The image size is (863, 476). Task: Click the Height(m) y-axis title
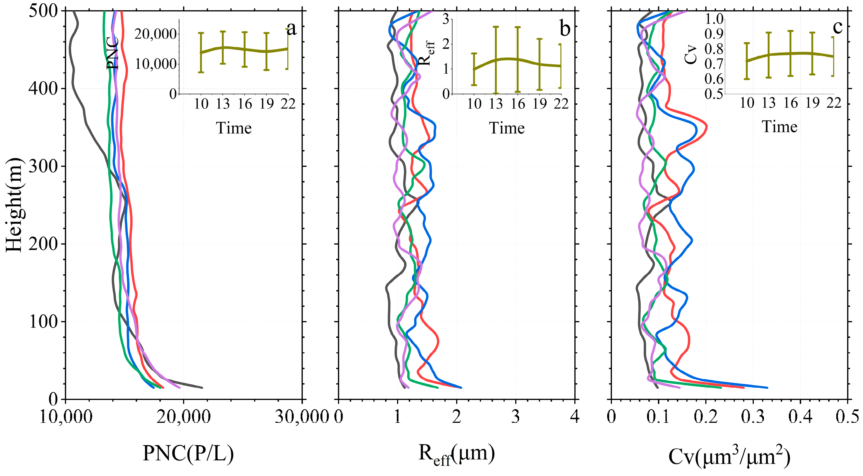click(x=14, y=205)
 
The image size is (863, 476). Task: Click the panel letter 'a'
click(x=291, y=28)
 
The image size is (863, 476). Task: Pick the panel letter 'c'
click(x=838, y=27)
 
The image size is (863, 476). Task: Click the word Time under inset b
click(x=507, y=128)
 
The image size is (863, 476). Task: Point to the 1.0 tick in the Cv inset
click(x=714, y=19)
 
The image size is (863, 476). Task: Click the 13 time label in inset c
click(x=769, y=103)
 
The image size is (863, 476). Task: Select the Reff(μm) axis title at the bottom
click(x=456, y=455)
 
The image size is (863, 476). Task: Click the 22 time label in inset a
click(x=288, y=104)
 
